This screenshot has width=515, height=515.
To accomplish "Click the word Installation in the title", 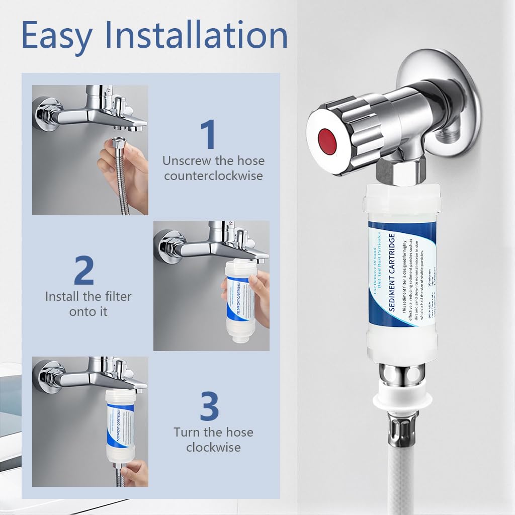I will tap(195, 35).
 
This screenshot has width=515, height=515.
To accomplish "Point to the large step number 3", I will tap(209, 407).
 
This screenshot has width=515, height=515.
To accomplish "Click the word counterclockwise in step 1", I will tap(213, 176).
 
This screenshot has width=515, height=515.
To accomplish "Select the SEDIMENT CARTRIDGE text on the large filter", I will tap(394, 274).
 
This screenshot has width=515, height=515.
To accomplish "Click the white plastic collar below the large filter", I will tap(401, 400).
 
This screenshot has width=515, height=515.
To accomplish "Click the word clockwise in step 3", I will tap(213, 447).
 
